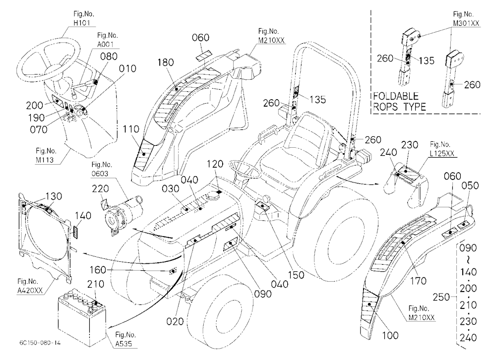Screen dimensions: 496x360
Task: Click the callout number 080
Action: [109, 57]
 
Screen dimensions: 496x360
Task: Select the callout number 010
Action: [128, 68]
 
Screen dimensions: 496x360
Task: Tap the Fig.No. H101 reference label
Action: [82, 18]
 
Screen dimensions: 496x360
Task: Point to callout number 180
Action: [166, 62]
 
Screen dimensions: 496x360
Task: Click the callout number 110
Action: [131, 129]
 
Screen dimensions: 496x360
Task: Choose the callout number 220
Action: [100, 188]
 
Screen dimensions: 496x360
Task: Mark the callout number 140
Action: [83, 216]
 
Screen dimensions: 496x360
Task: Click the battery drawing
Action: [82, 316]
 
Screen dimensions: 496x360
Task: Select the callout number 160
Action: [98, 270]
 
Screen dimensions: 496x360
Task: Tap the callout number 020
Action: [175, 322]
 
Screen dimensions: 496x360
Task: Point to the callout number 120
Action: [215, 164]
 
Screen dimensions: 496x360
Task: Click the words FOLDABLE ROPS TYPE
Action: [399, 101]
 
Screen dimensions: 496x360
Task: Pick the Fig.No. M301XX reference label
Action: [466, 19]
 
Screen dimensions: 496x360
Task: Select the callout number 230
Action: [410, 145]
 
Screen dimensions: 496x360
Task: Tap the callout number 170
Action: [418, 280]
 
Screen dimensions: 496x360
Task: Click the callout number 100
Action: [390, 335]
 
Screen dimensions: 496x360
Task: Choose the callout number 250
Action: [441, 297]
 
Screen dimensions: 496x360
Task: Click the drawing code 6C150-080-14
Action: [40, 343]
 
